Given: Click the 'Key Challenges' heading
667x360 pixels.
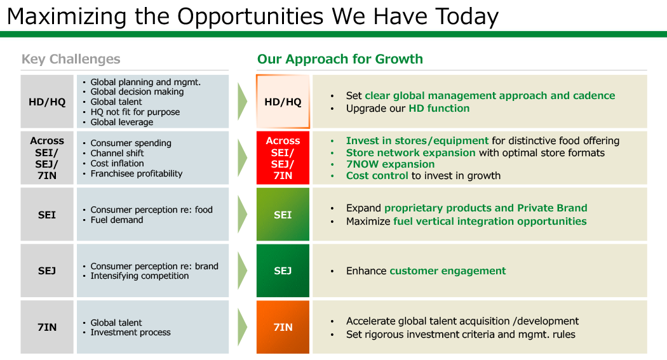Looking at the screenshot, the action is [x=71, y=59].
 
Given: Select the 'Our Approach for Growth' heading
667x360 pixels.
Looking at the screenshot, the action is [x=340, y=59].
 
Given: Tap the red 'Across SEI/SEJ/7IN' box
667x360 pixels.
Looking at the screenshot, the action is [x=283, y=157].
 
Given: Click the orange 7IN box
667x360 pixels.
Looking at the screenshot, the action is [x=283, y=327].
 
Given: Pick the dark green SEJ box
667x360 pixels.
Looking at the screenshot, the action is [x=283, y=270].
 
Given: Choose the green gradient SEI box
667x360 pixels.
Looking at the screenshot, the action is [x=283, y=214].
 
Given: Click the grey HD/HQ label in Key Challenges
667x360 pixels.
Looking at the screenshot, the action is [x=47, y=102].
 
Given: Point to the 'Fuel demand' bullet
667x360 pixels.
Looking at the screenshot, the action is [x=116, y=220].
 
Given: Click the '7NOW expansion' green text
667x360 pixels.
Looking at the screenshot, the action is [x=390, y=164].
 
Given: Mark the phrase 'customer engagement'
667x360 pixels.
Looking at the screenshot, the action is [x=447, y=270].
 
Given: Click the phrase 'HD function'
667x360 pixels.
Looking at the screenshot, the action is [x=439, y=109].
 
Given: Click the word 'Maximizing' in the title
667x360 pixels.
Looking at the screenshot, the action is [x=67, y=17].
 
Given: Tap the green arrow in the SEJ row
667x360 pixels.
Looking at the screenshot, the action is [x=243, y=270].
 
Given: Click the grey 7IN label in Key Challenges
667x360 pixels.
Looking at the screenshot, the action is [x=47, y=327].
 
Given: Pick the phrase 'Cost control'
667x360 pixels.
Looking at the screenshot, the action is [x=377, y=175].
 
